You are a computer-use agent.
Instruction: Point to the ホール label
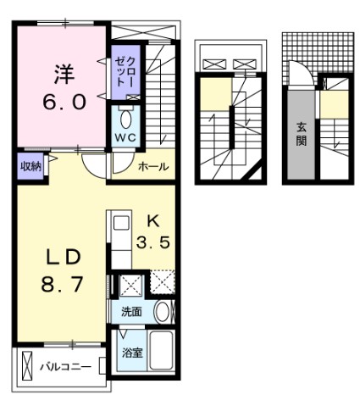tap(152, 167)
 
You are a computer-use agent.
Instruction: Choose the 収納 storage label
tap(30, 166)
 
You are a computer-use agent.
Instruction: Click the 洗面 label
tap(130, 311)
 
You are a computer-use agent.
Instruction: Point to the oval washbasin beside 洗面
tap(163, 310)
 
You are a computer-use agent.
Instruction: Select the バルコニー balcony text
tap(65, 368)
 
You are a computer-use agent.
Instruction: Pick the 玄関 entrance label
tap(301, 133)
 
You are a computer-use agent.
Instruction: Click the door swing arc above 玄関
tap(298, 74)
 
